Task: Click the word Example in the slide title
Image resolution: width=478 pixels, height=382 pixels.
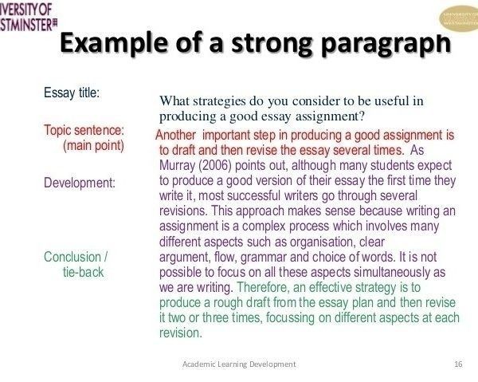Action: tap(113, 44)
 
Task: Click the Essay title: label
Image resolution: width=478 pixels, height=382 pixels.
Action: tap(72, 93)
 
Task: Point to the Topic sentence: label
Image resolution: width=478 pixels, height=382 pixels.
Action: tap(84, 130)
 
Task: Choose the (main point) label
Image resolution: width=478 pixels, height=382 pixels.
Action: tap(93, 145)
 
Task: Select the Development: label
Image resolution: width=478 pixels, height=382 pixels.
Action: tap(80, 183)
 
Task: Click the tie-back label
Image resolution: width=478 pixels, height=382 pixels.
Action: tap(83, 272)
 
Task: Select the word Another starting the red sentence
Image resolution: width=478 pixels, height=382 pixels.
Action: tap(176, 135)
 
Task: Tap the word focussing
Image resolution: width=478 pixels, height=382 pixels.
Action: tap(290, 318)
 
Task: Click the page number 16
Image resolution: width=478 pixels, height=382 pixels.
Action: tap(458, 364)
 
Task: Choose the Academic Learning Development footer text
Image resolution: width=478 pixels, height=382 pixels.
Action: tap(239, 364)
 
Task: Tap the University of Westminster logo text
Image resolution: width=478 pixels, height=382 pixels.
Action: tap(28, 17)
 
